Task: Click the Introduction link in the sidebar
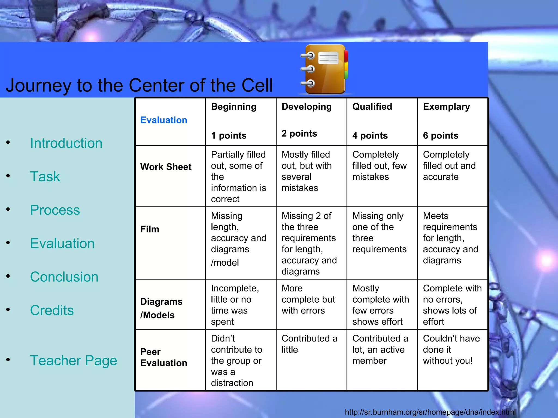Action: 66,143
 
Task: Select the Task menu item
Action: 45,176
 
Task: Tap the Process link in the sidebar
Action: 55,210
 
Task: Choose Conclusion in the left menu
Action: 64,277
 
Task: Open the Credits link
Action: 52,310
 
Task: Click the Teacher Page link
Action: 73,360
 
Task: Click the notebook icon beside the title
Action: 324,69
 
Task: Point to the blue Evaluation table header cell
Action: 164,120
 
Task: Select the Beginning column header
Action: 233,107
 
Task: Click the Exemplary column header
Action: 446,107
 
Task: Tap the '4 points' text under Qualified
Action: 370,136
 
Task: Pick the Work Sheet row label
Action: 166,167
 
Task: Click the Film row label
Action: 150,229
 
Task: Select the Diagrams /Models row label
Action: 161,308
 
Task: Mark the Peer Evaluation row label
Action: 163,357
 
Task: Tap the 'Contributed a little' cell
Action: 309,344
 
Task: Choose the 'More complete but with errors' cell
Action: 308,299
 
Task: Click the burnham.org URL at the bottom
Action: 430,412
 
